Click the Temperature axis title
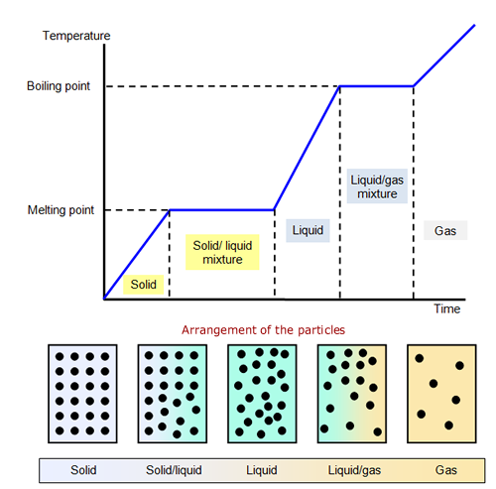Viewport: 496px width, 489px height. pyautogui.click(x=76, y=36)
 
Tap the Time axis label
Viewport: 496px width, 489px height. pyautogui.click(x=446, y=308)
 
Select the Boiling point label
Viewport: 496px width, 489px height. pyautogui.click(x=59, y=86)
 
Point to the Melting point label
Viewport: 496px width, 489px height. pyautogui.click(x=61, y=210)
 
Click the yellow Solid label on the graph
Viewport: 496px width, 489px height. pyautogui.click(x=144, y=285)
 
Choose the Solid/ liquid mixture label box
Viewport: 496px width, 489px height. pyautogui.click(x=222, y=252)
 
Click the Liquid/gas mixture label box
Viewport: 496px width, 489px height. pyautogui.click(x=377, y=186)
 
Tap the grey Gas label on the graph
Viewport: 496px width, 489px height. pyautogui.click(x=445, y=230)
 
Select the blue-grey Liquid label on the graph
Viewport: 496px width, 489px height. pyautogui.click(x=308, y=230)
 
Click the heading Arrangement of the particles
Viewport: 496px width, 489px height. pyautogui.click(x=263, y=330)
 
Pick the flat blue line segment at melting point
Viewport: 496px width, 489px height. pyautogui.click(x=222, y=210)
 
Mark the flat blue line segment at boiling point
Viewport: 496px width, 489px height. pyautogui.click(x=377, y=86)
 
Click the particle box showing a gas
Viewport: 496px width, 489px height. pyautogui.click(x=441, y=394)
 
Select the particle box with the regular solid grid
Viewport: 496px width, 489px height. pyautogui.click(x=82, y=394)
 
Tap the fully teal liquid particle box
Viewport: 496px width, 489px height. pyautogui.click(x=262, y=394)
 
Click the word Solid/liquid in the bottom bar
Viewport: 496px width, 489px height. pyautogui.click(x=174, y=470)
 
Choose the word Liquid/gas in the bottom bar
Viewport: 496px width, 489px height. pyautogui.click(x=354, y=470)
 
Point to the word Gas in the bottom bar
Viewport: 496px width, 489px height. pyautogui.click(x=446, y=470)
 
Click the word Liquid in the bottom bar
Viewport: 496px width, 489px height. pyautogui.click(x=262, y=470)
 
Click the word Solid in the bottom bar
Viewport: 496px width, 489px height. pyautogui.click(x=83, y=470)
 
